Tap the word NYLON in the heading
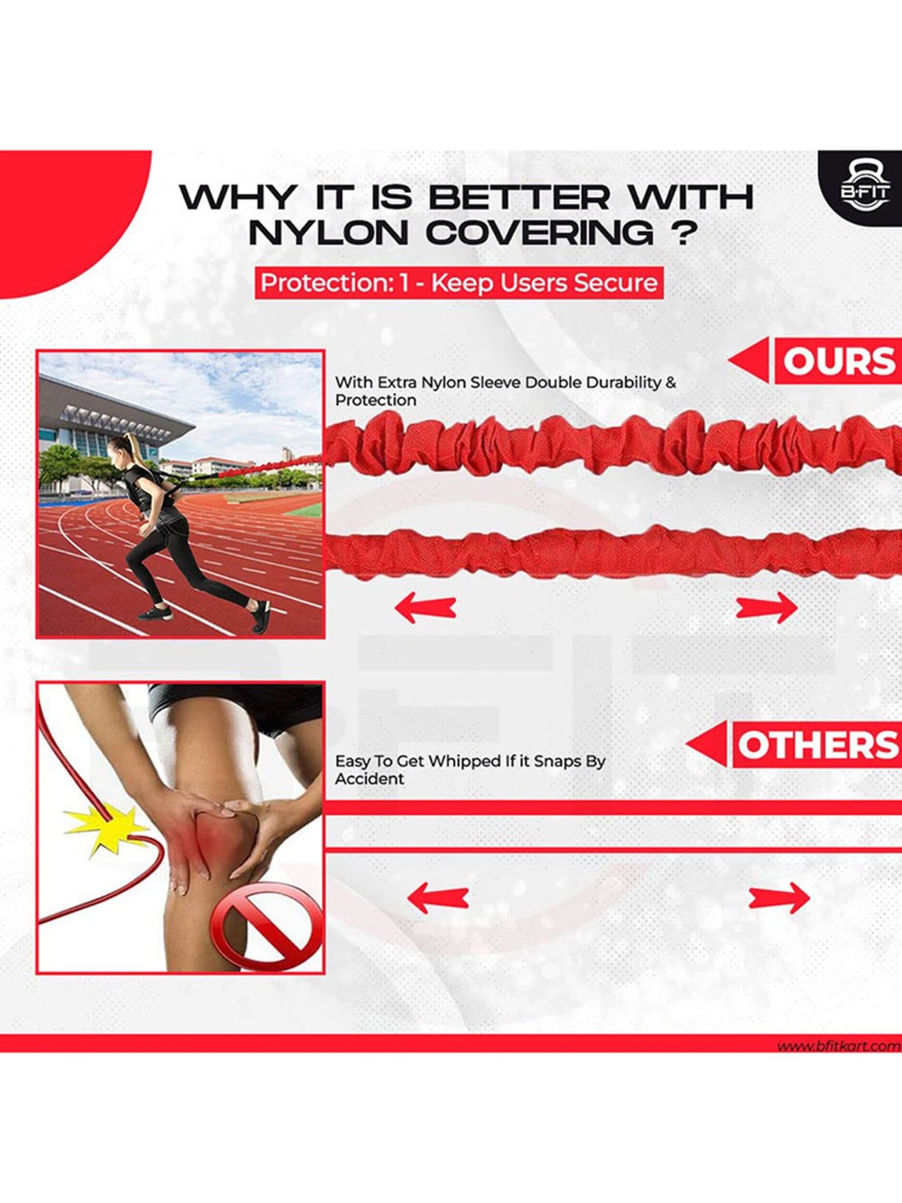(x=328, y=233)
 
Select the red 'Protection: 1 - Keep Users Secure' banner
(x=459, y=283)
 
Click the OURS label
(x=838, y=362)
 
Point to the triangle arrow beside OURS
(x=750, y=360)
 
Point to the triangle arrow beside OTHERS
(x=708, y=745)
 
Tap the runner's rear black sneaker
(x=260, y=617)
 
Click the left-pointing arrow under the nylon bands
(x=425, y=607)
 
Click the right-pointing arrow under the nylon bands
(x=767, y=607)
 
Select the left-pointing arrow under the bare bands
(x=438, y=898)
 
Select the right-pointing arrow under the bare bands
(x=779, y=898)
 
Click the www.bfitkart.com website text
(x=838, y=1047)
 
